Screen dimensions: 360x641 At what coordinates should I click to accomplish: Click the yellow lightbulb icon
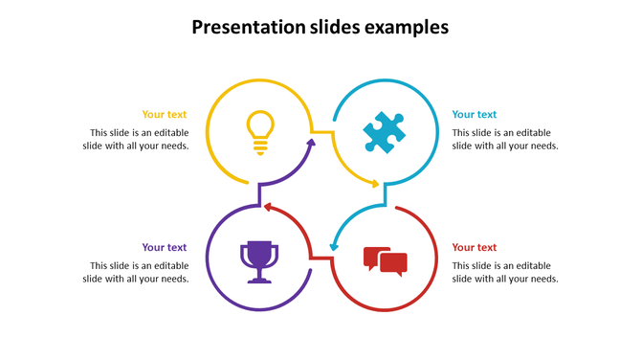point(260,132)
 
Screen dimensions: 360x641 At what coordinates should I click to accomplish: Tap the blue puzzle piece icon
point(385,132)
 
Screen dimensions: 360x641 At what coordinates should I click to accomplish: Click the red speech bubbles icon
point(386,260)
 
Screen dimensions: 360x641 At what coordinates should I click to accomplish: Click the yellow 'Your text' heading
point(165,114)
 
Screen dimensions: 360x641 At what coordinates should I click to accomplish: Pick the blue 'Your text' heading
point(475,114)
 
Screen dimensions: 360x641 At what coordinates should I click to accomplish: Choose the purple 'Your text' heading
point(165,247)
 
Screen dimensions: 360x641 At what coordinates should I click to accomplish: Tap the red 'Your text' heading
point(475,247)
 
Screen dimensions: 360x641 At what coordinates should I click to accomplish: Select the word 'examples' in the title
point(408,28)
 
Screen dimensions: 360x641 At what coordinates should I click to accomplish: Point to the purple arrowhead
point(310,144)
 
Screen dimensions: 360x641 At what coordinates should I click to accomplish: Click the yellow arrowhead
point(375,184)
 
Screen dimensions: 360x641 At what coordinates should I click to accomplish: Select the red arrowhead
point(269,206)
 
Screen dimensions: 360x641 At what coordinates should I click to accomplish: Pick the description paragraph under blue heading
point(504,139)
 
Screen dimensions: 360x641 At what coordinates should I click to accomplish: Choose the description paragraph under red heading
point(504,272)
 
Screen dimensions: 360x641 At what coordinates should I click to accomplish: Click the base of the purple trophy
point(259,280)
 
